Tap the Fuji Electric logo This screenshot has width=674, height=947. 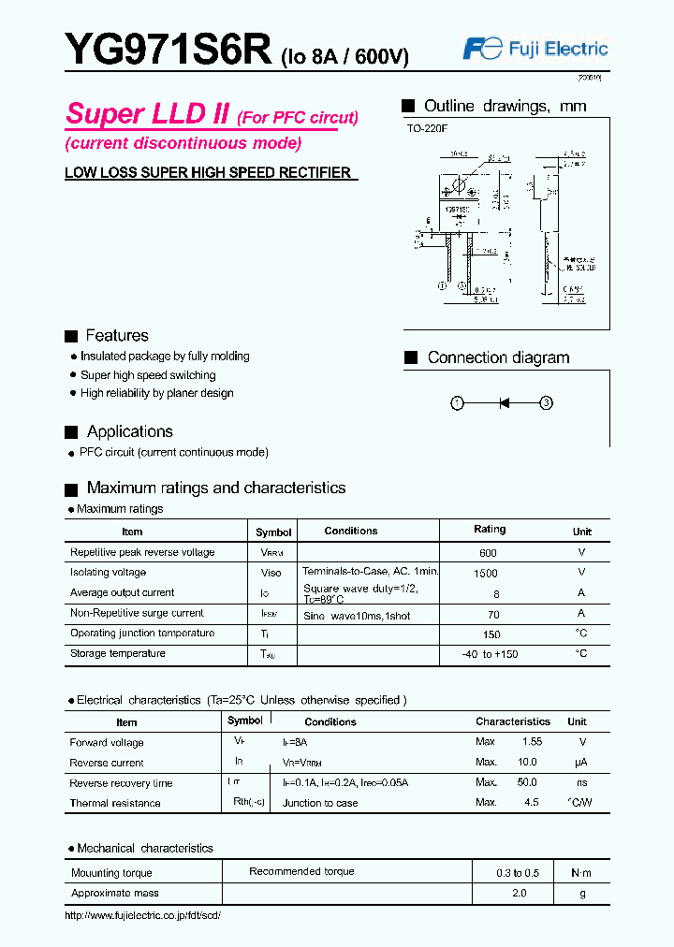coord(535,50)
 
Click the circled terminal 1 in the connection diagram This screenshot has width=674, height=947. coord(457,403)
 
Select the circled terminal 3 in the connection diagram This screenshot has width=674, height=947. coord(547,403)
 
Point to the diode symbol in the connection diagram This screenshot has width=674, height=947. coord(504,403)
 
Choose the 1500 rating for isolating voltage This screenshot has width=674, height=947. coord(487,573)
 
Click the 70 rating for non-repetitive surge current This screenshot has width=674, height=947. coord(493,615)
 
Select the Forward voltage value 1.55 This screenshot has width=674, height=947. coord(532,742)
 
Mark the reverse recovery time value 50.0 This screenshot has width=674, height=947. coord(527,782)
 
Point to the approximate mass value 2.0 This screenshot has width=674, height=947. coord(519,893)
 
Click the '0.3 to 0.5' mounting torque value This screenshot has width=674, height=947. coord(519,872)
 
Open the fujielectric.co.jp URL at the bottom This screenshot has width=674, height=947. coord(142,914)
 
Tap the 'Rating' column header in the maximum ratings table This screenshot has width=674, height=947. coord(490,530)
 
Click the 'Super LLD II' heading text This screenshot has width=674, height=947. coord(148,114)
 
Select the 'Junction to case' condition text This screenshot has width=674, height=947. coord(320,803)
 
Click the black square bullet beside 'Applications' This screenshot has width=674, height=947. coord(70,432)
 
